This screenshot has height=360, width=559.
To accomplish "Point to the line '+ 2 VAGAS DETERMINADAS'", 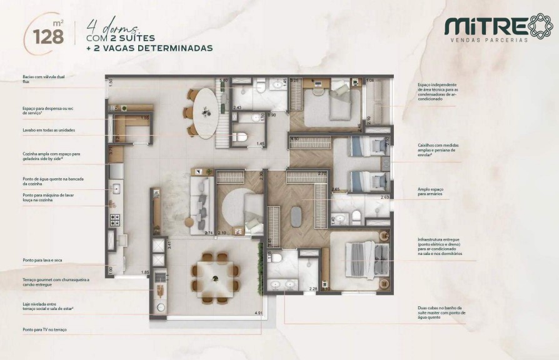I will click(149, 47).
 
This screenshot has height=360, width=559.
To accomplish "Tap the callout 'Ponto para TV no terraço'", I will click(44, 329).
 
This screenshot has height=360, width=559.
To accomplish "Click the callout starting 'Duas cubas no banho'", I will click(440, 312).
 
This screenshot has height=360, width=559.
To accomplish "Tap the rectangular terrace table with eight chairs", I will click(215, 277).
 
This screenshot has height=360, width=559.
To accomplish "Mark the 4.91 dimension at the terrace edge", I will click(258, 312).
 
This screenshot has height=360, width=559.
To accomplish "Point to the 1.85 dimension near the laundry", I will click(144, 272).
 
